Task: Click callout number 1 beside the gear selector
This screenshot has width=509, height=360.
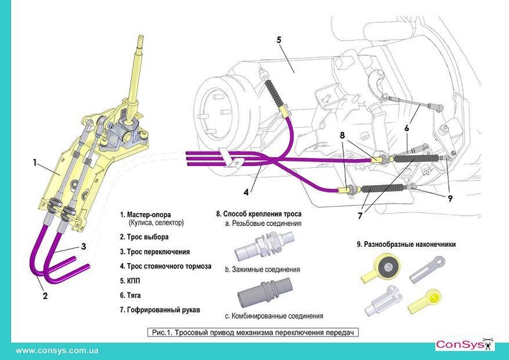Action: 36,162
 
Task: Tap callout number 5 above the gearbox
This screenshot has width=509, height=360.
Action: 279,39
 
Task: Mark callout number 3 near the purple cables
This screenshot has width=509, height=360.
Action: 83,246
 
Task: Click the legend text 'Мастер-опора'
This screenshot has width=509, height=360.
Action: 153,214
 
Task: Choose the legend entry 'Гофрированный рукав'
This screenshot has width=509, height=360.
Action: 163,309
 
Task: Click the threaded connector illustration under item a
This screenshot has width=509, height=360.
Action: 268,246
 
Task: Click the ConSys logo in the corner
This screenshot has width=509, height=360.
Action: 463,345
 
